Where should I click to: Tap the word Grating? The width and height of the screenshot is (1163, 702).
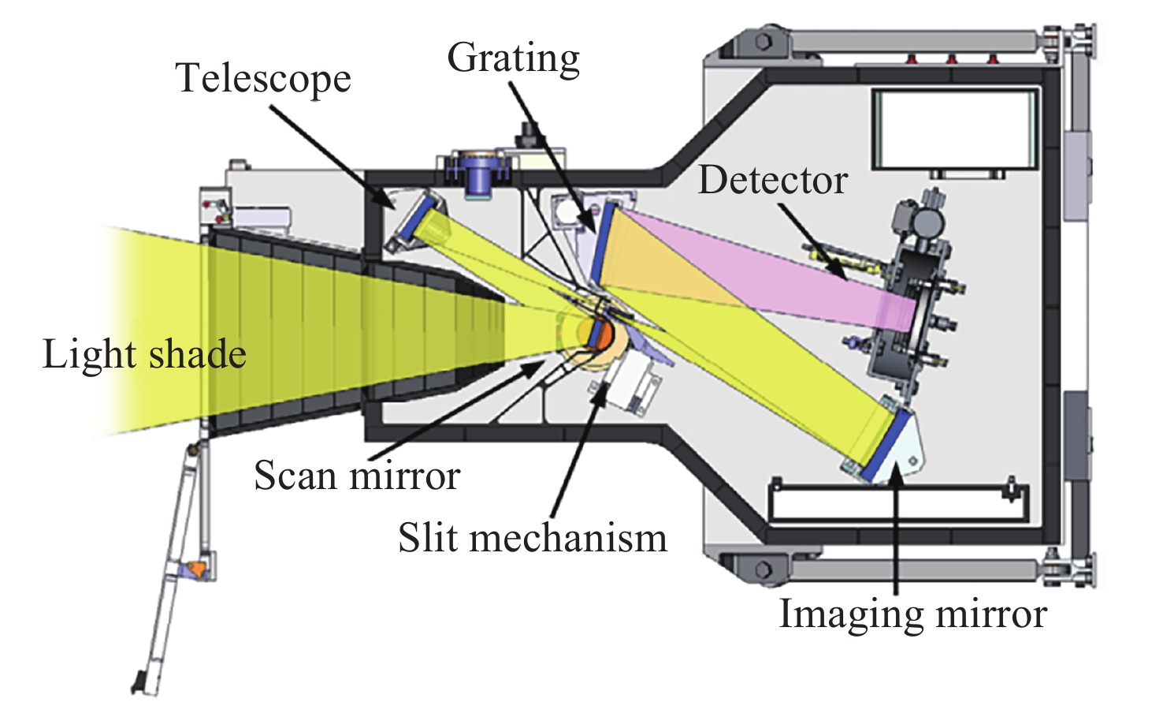pos(513,59)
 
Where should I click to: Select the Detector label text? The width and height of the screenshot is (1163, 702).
pos(772,181)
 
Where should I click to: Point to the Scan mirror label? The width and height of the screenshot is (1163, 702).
pos(357,476)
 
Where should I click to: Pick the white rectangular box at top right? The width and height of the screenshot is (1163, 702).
pos(953,129)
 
